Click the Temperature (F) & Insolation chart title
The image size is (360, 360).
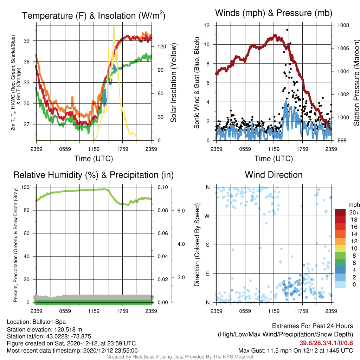(x=94, y=15)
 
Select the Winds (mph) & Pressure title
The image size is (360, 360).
(x=274, y=13)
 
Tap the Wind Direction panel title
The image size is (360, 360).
(x=274, y=175)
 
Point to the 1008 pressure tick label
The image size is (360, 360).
(x=343, y=25)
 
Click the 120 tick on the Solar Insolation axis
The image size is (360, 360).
(x=162, y=47)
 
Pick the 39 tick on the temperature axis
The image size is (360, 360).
(x=26, y=41)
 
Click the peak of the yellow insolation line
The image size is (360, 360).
(x=114, y=26)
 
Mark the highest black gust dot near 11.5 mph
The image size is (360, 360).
(x=287, y=30)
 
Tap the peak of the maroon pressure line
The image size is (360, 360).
(x=275, y=35)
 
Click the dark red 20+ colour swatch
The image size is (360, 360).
(x=340, y=212)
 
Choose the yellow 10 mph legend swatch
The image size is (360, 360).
(x=340, y=248)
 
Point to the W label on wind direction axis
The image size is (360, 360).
(x=207, y=216)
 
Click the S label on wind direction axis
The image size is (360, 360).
(x=207, y=245)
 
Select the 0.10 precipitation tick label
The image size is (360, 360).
(x=163, y=187)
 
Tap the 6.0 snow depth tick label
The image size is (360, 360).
(x=181, y=211)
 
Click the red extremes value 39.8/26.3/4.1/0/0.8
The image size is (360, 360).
(x=326, y=343)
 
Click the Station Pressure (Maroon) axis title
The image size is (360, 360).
(x=356, y=83)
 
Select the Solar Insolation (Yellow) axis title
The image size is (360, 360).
(x=174, y=83)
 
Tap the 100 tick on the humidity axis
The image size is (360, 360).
(x=25, y=187)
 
